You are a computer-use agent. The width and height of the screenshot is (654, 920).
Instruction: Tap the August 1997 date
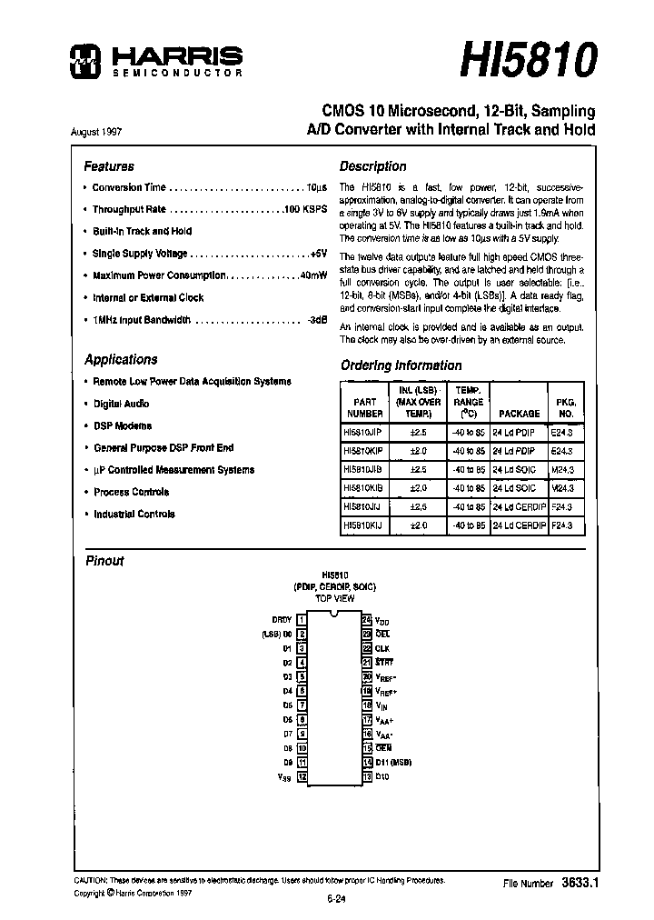[96, 131]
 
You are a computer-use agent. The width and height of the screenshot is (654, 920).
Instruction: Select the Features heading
[109, 166]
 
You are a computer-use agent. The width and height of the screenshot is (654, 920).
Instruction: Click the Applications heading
[121, 359]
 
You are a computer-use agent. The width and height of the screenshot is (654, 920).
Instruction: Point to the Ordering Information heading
[401, 365]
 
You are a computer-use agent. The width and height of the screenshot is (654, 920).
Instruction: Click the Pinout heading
[104, 561]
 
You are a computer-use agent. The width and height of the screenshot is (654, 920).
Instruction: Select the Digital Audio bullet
[121, 404]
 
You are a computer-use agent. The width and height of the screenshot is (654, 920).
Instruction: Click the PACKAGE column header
[519, 413]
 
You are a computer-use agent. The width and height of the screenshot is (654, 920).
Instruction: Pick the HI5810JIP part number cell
[363, 433]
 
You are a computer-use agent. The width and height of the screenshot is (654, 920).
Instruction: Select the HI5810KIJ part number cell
[363, 525]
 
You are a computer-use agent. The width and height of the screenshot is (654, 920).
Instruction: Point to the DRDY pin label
[282, 619]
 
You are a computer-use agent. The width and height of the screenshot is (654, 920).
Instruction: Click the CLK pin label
[382, 648]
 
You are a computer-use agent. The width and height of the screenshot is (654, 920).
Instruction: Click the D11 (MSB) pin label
[394, 763]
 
